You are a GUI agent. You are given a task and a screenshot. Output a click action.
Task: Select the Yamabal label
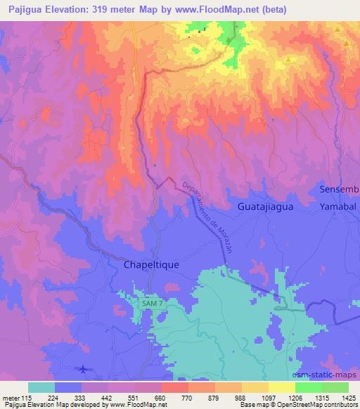[339, 208]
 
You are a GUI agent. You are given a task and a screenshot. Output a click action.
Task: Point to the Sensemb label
[340, 190]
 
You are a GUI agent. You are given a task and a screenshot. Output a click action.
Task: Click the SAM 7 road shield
[151, 302]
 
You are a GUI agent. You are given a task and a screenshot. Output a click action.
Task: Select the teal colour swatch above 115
[41, 387]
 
